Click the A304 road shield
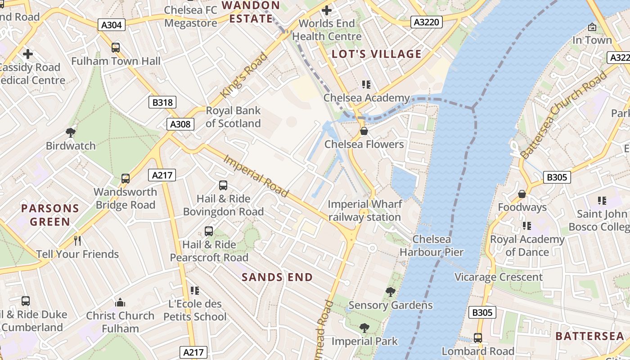tap(112, 25)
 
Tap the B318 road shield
tap(162, 102)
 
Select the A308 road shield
tap(180, 124)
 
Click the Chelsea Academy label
tap(367, 98)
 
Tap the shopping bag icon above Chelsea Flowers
tap(364, 131)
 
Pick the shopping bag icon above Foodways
tap(522, 194)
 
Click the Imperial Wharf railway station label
tap(364, 210)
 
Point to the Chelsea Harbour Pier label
tap(431, 246)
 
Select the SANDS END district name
tap(277, 277)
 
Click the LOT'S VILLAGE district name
tap(377, 54)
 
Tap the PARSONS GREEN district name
tap(50, 215)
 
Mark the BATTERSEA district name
tap(589, 336)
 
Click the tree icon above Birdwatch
tap(70, 132)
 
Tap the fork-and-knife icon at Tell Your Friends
tap(77, 241)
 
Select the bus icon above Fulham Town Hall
tap(116, 48)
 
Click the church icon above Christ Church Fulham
tap(120, 302)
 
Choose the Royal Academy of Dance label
tap(527, 246)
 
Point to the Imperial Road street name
tap(256, 176)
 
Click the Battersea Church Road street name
tap(563, 116)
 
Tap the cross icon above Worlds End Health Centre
tap(327, 10)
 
